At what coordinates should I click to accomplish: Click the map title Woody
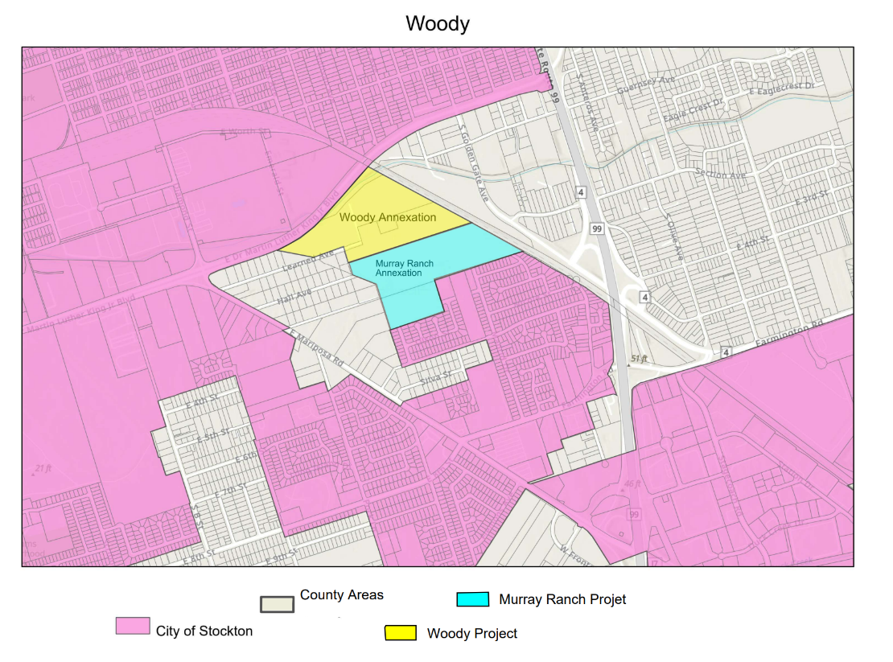tap(437, 23)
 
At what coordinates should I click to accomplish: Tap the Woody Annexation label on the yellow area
tap(388, 217)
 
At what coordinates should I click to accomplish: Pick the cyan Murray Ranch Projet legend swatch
tap(472, 599)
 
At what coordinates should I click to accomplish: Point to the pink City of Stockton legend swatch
tap(133, 626)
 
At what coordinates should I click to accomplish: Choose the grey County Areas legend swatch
tap(276, 604)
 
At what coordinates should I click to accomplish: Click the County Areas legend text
tap(342, 595)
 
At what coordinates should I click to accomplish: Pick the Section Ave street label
tap(721, 175)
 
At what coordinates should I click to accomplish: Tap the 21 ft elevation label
tap(43, 468)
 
